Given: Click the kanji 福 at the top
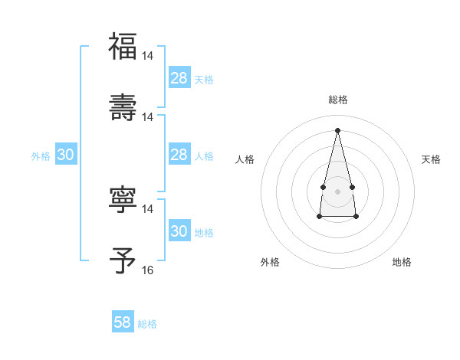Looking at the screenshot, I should pos(123,47).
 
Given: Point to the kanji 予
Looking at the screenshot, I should pos(123,260).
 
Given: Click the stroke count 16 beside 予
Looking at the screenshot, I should pos(148,270).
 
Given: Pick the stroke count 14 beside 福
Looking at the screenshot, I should pos(148,56).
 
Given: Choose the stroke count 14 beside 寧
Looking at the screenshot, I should pos(148,208).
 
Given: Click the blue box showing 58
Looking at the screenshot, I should pos(123,322).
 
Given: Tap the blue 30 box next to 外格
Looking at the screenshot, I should pos(66,155).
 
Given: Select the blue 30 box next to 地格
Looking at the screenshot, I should pos(179,231).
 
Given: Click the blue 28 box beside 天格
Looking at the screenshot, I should pos(179,78).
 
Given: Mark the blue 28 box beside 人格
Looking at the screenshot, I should pos(179,155).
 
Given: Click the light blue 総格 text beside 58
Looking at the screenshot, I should pos(147,324).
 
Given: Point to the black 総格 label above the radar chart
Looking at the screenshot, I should pos(337,100).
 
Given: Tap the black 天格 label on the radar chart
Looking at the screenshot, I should pos(431,159).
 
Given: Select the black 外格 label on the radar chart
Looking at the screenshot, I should pos(270,262).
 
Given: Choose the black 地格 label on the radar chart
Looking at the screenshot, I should pos(402,262).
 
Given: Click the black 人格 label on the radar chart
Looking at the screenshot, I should pos(245,159).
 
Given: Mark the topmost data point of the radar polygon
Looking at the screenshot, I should pos(337,129).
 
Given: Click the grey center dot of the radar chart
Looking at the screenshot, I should pos(337,190).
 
